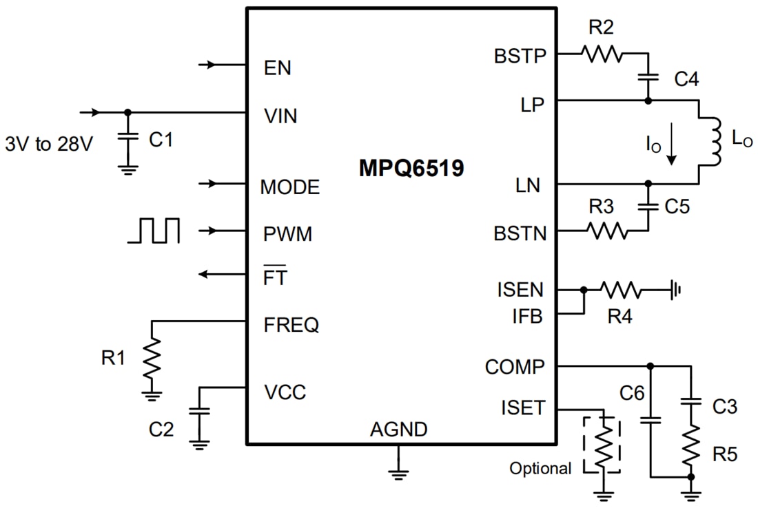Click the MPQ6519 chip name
tap(411, 169)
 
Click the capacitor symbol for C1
tap(126, 139)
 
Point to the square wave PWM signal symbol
tap(154, 231)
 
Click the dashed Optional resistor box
tap(602, 444)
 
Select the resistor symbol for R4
tap(620, 290)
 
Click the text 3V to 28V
tap(50, 145)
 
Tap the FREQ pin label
tap(291, 325)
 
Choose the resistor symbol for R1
tap(152, 358)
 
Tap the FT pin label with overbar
tap(276, 277)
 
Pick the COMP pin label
tap(514, 367)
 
